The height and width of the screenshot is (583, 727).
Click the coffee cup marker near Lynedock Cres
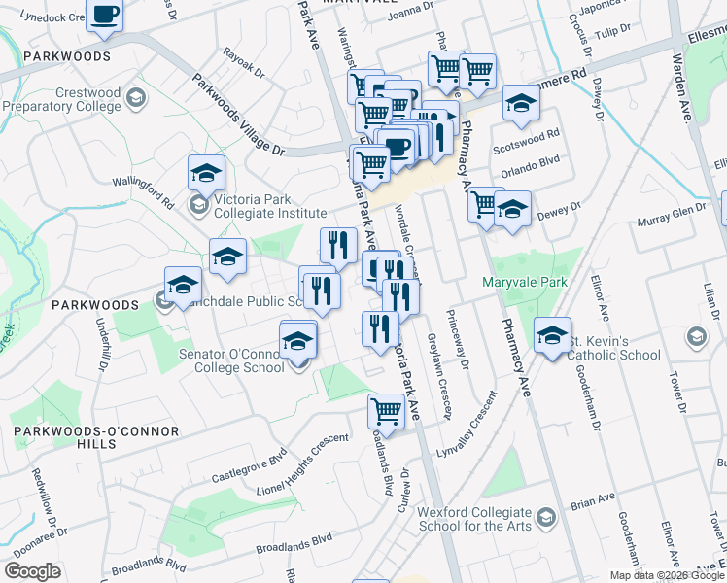tap(104, 16)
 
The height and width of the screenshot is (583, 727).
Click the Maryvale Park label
tap(525, 283)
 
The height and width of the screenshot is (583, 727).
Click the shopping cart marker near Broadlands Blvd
tap(386, 412)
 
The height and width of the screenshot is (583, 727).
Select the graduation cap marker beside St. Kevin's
tap(552, 336)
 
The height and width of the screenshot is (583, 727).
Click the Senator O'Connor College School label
tap(229, 360)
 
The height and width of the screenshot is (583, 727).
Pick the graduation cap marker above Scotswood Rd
tap(521, 104)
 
